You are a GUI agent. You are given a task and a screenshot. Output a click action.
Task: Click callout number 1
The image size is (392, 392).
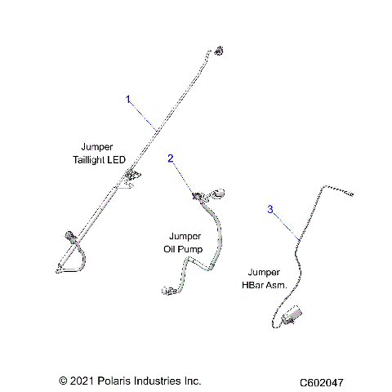coord(128,99)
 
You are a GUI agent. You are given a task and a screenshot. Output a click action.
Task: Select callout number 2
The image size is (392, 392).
coord(171,158)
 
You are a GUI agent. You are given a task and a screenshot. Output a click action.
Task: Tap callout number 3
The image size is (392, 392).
coord(270,210)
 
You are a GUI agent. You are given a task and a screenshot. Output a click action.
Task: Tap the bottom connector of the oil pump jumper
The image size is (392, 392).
coord(169,290)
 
